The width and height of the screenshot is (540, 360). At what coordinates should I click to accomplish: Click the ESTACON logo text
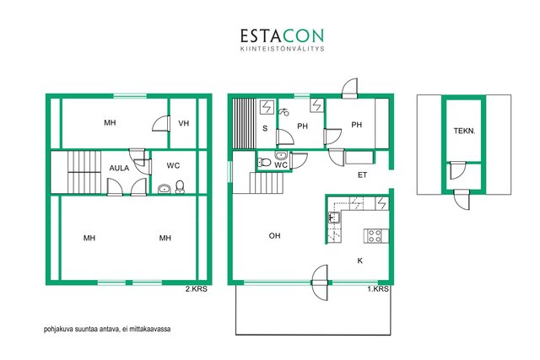(282, 35)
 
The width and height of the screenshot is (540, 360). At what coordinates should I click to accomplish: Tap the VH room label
(184, 123)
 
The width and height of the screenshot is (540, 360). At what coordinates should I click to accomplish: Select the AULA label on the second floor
(119, 168)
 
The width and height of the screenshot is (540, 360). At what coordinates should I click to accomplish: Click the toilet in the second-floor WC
(180, 186)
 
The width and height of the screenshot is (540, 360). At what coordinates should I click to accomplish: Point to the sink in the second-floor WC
(165, 189)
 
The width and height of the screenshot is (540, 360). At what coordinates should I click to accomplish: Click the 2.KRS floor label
(197, 289)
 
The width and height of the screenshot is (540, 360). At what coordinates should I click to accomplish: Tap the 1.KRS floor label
(378, 289)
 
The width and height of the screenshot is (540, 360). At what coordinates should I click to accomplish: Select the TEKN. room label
(464, 131)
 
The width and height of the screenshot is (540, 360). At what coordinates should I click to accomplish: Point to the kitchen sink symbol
(334, 218)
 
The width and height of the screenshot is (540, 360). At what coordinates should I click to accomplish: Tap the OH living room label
(274, 236)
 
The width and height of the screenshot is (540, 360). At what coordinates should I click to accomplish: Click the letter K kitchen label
(360, 261)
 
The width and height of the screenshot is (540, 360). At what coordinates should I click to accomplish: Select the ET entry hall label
(362, 175)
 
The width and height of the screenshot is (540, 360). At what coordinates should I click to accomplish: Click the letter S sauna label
(265, 128)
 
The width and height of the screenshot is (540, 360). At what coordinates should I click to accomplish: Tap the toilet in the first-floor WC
(264, 162)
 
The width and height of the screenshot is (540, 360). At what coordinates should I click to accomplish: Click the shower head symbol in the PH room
(283, 111)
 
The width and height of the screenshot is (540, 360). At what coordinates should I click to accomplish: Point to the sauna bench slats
(244, 124)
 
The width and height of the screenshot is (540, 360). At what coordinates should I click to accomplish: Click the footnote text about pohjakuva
(107, 329)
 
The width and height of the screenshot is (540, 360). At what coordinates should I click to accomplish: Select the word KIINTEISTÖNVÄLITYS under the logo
(282, 49)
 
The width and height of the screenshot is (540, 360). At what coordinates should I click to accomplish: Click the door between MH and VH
(162, 123)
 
